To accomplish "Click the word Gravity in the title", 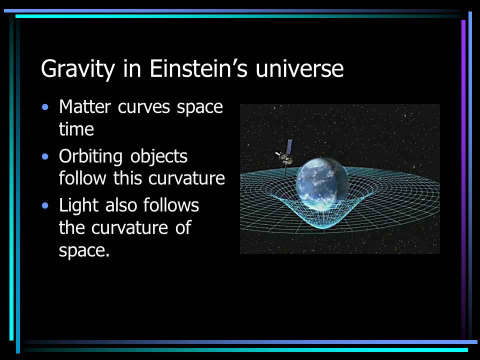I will pos(77,69).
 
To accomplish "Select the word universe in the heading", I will pos(299,68).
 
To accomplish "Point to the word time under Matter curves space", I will pos(76,129).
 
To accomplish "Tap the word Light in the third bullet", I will pos(78,205).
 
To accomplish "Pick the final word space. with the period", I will pos(84,250).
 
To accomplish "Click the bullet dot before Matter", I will pos(46,107).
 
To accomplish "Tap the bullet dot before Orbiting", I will pos(46,157).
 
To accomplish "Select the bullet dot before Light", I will pos(46,205).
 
